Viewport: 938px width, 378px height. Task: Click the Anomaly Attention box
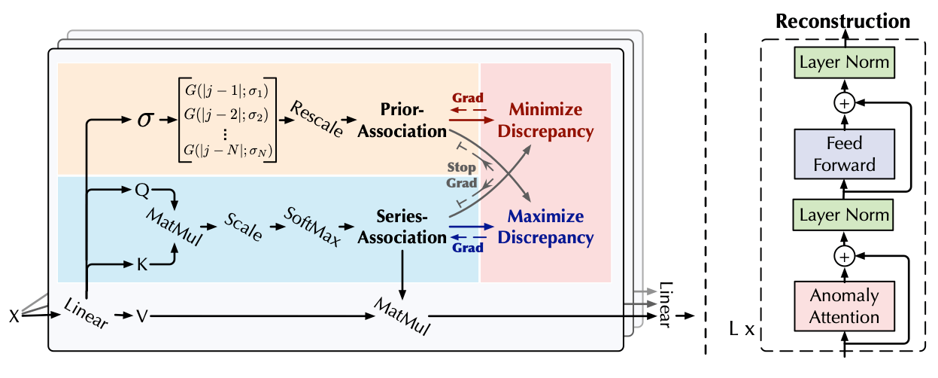[844, 306]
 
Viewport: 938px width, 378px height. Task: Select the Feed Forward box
[844, 154]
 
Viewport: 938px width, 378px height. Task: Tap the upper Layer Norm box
[844, 62]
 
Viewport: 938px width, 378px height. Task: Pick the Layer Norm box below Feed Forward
[844, 216]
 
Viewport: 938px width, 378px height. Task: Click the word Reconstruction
[842, 20]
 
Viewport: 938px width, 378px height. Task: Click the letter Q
[141, 191]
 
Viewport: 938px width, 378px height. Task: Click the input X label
[14, 316]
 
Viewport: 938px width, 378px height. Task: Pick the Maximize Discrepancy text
[550, 227]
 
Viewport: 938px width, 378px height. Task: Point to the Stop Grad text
[463, 175]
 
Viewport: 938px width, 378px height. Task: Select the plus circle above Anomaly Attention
[844, 257]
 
